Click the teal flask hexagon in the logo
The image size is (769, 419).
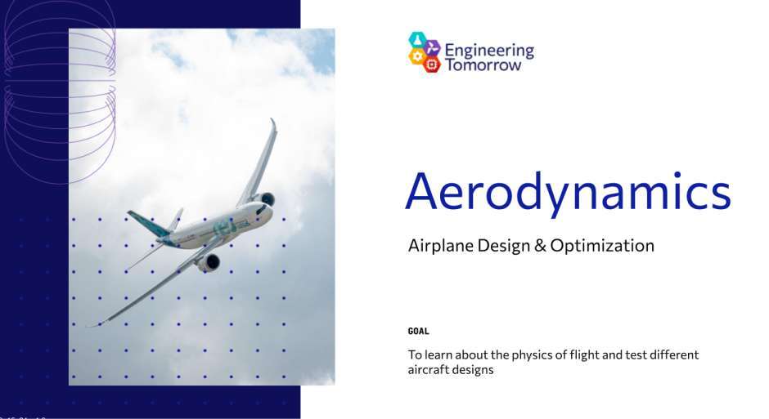click(417, 40)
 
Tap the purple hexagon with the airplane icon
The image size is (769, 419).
click(432, 48)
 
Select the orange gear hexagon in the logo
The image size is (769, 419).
click(417, 56)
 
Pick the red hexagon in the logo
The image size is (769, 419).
click(432, 65)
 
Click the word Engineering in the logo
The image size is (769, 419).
click(489, 51)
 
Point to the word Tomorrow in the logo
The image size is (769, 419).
click(483, 65)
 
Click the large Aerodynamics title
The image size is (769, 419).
click(568, 191)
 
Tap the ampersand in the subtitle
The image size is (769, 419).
click(540, 245)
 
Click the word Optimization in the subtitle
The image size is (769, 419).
click(602, 246)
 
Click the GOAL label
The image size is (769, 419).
click(418, 332)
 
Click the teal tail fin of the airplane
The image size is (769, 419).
click(148, 224)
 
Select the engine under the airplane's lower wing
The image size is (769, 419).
click(209, 263)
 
